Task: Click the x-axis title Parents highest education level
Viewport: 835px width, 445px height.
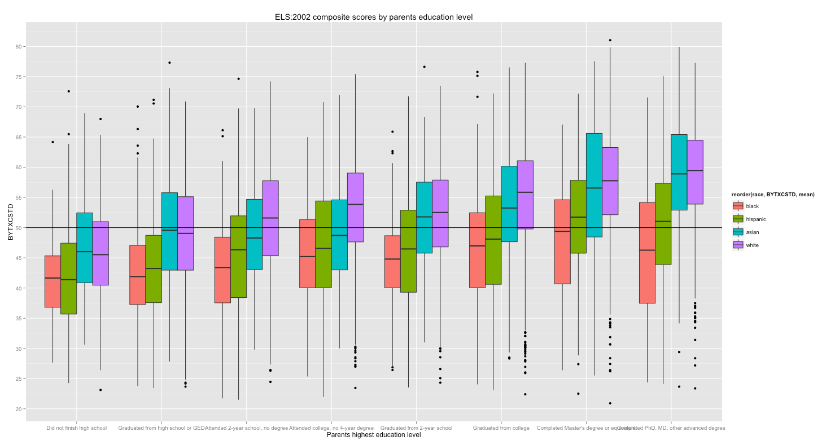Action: click(x=373, y=435)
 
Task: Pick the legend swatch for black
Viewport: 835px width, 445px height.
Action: click(x=737, y=206)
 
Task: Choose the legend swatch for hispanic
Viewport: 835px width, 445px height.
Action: click(x=737, y=219)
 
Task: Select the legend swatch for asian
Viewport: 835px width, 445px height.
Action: click(x=737, y=232)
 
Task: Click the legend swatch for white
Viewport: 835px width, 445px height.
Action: click(x=737, y=245)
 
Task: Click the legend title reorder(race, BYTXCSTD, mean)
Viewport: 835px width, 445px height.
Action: click(x=772, y=195)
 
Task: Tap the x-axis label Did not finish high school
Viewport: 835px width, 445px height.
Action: click(x=77, y=428)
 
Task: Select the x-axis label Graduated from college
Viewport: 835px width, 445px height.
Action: click(x=501, y=428)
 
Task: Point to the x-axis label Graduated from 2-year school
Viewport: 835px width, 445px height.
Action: click(x=417, y=428)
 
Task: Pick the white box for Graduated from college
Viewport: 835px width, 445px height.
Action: click(x=526, y=195)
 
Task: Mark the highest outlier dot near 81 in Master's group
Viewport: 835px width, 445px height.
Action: click(x=610, y=40)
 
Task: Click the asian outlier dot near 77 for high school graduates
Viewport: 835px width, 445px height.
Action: click(x=169, y=63)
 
